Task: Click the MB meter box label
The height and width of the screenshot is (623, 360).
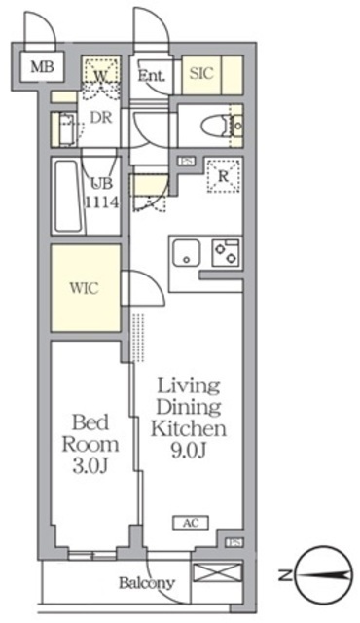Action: pos(43,66)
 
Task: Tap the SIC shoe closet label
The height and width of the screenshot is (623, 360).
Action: pos(201,74)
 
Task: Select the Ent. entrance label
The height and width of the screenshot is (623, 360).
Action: pos(151,76)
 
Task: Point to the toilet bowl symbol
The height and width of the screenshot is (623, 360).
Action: pos(214,127)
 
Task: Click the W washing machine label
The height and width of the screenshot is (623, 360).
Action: pos(101,76)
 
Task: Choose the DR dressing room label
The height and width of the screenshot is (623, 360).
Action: pos(101,117)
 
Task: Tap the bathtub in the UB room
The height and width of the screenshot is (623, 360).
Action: pos(68,197)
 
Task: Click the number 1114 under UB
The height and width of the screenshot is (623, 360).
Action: pos(102,202)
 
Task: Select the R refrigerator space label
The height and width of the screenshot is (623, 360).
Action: pos(224,176)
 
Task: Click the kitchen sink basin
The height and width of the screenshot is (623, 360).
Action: pos(186,253)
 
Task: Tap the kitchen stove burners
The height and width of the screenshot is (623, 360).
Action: pos(226,253)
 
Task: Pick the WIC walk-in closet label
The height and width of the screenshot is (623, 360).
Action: pos(84,288)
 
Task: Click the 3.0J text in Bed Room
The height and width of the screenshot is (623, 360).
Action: pos(90,467)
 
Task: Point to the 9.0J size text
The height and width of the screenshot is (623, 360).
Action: pos(189,451)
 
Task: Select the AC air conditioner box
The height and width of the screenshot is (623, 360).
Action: pos(191,523)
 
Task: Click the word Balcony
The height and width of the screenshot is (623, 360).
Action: pos(147,583)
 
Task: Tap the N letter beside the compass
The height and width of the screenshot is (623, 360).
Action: pos(284,575)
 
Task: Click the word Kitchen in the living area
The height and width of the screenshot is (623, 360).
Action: pos(189,428)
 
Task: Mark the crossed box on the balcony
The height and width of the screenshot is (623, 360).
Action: pos(217,573)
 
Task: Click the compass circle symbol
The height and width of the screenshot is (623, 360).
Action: pos(325,575)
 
